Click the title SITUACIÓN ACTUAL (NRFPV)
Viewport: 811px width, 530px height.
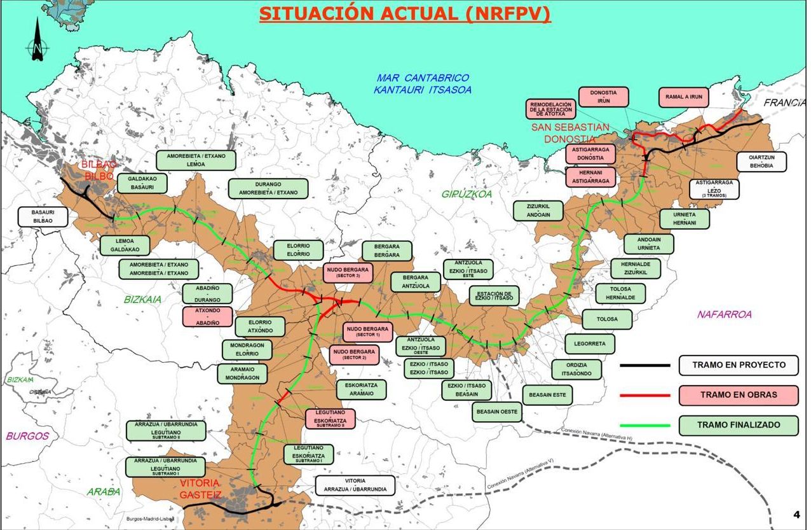[405, 14]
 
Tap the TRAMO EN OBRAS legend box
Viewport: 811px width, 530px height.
[738, 394]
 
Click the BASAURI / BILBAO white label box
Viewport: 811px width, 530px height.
[43, 217]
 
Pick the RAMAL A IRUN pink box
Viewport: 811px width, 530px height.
[683, 97]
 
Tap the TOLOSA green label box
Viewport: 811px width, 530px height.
[607, 319]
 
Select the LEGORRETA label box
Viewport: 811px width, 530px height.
[590, 344]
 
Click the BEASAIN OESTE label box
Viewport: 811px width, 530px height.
[497, 412]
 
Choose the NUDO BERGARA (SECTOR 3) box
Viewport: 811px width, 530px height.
[348, 273]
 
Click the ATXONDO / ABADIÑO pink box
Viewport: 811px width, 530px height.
[207, 317]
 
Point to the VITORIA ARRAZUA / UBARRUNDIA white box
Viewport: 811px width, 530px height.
[355, 485]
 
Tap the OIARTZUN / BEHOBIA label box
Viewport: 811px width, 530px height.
[761, 161]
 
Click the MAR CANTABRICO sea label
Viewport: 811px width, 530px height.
[422, 83]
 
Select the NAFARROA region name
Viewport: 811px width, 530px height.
[724, 314]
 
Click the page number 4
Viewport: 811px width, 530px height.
[796, 515]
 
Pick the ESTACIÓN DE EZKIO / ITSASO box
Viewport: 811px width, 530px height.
[494, 295]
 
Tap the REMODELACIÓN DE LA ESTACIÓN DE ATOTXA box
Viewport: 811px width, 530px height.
[551, 109]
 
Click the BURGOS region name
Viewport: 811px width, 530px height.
[27, 436]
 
